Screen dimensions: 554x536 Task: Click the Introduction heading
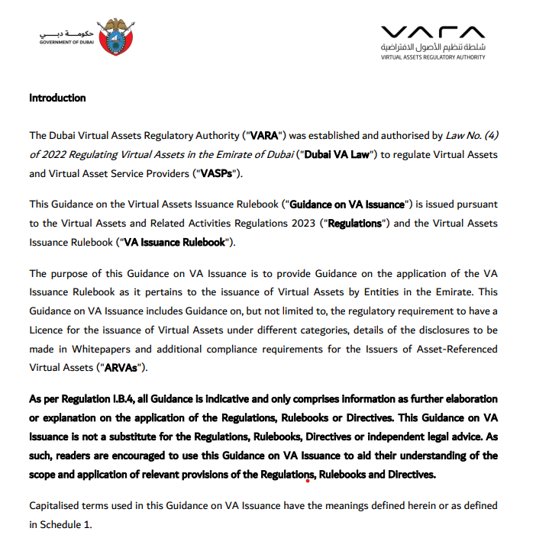coord(57,98)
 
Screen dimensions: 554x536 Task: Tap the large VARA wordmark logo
coord(432,31)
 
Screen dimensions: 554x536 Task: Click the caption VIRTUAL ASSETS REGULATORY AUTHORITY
coord(432,58)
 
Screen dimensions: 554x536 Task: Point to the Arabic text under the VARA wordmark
coord(432,47)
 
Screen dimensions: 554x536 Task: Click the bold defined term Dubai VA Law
coord(337,155)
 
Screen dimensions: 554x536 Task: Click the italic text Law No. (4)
coord(472,136)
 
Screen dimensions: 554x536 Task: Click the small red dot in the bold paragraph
coord(307,481)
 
